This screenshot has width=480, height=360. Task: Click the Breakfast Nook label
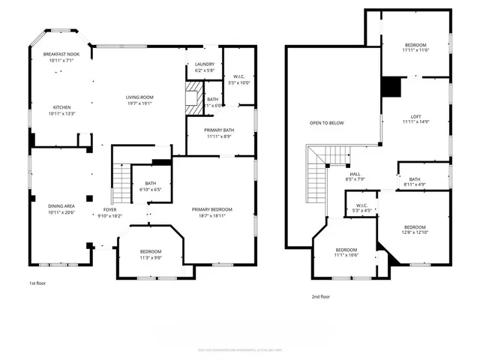(x=61, y=54)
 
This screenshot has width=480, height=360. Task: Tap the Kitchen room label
(x=61, y=107)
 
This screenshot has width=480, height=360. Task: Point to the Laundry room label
(x=205, y=64)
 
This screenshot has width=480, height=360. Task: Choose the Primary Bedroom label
(x=211, y=209)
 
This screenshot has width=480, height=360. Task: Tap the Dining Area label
(x=61, y=205)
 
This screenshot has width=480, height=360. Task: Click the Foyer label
(x=109, y=209)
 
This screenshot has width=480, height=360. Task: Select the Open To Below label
(x=327, y=122)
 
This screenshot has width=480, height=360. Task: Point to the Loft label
(x=415, y=116)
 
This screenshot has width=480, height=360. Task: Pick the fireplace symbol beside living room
(x=194, y=96)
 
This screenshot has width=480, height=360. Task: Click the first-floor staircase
(x=121, y=179)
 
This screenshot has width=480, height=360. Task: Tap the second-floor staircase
(x=316, y=176)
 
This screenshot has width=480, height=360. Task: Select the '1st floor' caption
(x=38, y=283)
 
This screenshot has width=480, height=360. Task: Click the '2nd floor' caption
(x=321, y=296)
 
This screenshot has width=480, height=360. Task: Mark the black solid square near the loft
(x=391, y=88)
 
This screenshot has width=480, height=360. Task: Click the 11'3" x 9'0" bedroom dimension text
(x=151, y=257)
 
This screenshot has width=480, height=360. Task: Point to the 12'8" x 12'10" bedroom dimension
(x=415, y=232)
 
